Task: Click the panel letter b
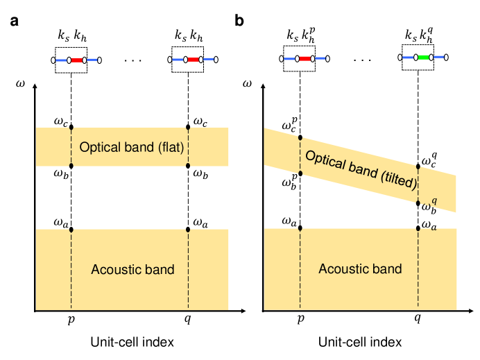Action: click(239, 22)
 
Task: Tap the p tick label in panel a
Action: click(71, 321)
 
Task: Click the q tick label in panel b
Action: click(418, 321)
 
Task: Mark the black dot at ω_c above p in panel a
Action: click(71, 128)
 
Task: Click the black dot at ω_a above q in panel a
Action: click(188, 229)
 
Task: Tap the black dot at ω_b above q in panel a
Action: click(188, 166)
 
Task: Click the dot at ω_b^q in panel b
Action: click(418, 203)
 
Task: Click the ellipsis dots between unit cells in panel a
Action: click(132, 60)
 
